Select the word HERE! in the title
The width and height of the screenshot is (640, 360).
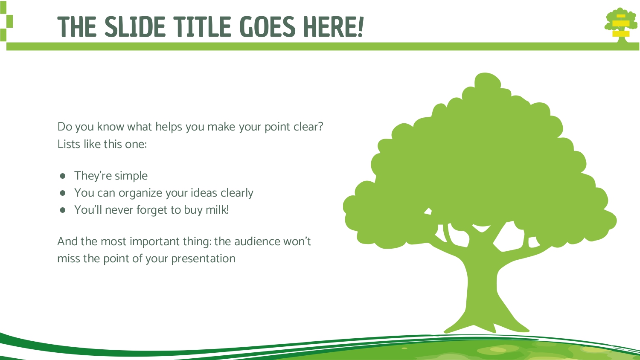(x=333, y=27)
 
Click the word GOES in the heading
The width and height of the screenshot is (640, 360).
(x=267, y=27)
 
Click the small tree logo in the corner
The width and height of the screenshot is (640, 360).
(x=620, y=25)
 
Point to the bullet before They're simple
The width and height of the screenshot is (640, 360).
(x=63, y=176)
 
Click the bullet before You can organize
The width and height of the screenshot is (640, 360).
(x=63, y=193)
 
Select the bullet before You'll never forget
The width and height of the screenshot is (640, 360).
(x=63, y=210)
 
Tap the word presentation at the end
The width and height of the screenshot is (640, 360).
(x=203, y=259)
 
